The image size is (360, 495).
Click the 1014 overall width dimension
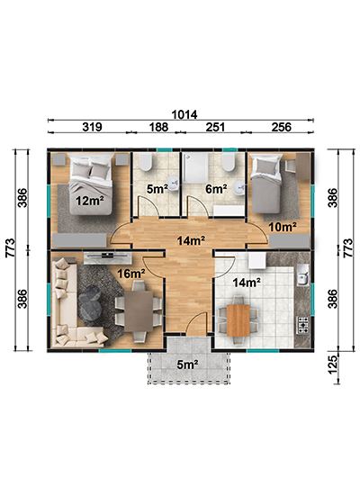pyautogui.click(x=184, y=114)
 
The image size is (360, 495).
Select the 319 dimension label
pyautogui.click(x=92, y=127)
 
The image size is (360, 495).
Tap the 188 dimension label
pyautogui.click(x=158, y=127)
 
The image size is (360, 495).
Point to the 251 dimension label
pyautogui.click(x=215, y=127)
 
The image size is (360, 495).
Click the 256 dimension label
pyautogui.click(x=282, y=127)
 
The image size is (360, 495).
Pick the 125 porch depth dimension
pyautogui.click(x=333, y=364)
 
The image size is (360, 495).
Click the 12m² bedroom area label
pyautogui.click(x=90, y=200)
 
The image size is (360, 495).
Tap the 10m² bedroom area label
pyautogui.click(x=283, y=227)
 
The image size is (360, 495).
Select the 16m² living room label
pyautogui.click(x=131, y=274)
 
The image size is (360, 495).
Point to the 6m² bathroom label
pyautogui.click(x=216, y=189)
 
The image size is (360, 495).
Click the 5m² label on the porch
pyautogui.click(x=187, y=364)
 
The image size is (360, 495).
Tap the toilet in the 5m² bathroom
pyautogui.click(x=146, y=162)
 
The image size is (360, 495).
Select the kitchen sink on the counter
pyautogui.click(x=302, y=275)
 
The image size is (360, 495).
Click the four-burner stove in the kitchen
pyautogui.click(x=302, y=325)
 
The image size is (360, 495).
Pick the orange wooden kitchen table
pyautogui.click(x=238, y=320)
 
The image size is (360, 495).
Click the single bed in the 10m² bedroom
pyautogui.click(x=265, y=183)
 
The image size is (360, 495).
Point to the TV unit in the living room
pyautogui.click(x=107, y=258)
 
